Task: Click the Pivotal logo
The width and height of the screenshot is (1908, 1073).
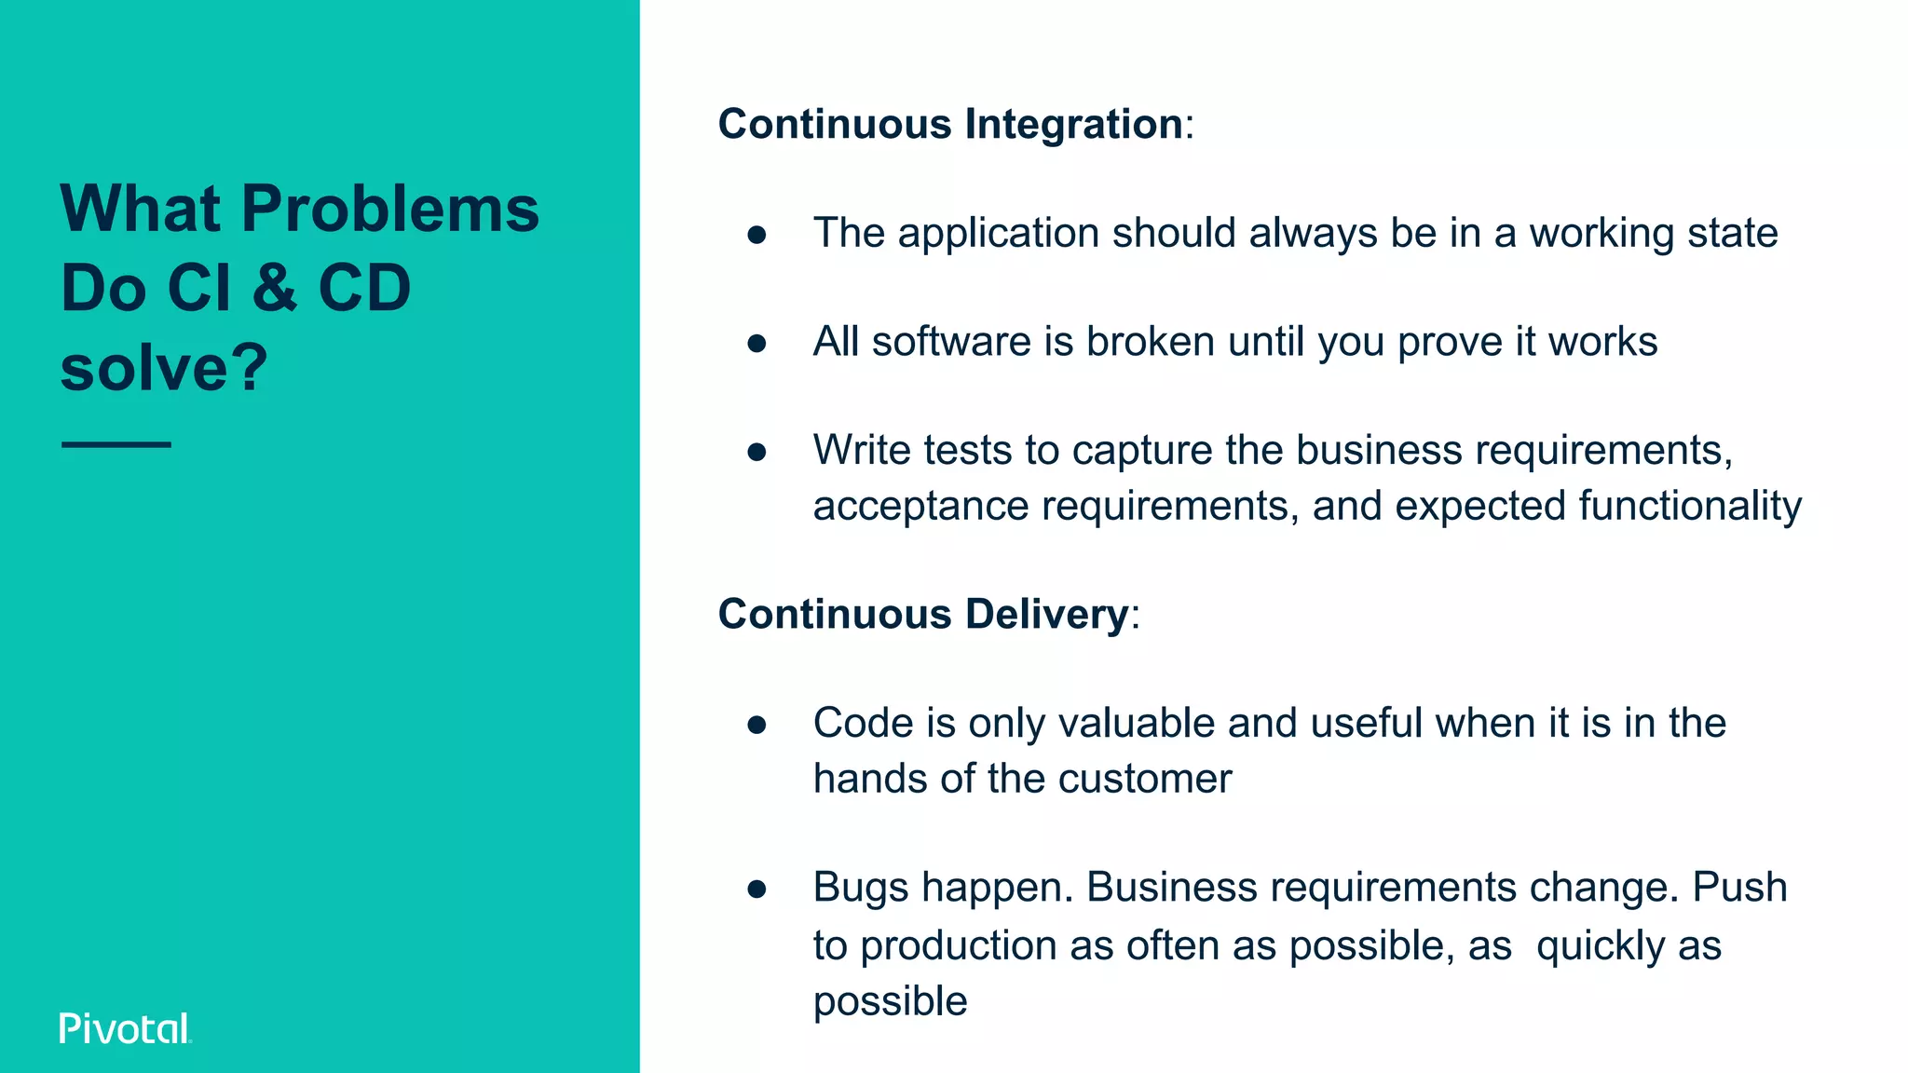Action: click(x=125, y=1028)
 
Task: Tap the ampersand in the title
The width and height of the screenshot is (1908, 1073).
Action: click(x=274, y=288)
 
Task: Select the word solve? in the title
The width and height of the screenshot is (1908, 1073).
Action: click(x=164, y=367)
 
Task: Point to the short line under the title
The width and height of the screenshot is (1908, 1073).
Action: click(x=116, y=444)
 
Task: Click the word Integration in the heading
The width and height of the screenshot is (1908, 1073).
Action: click(x=1073, y=124)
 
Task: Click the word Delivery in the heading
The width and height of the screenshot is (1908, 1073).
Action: click(x=1047, y=614)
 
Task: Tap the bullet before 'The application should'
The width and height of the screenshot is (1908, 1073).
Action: click(x=756, y=235)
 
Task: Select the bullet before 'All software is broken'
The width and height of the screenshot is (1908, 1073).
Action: click(x=756, y=344)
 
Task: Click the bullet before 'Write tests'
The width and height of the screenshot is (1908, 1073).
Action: click(x=756, y=452)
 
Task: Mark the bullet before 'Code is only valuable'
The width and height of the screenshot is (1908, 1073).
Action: click(x=756, y=725)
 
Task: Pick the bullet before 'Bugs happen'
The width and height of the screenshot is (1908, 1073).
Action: click(x=756, y=889)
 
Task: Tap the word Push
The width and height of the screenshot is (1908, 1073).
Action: click(x=1739, y=887)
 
